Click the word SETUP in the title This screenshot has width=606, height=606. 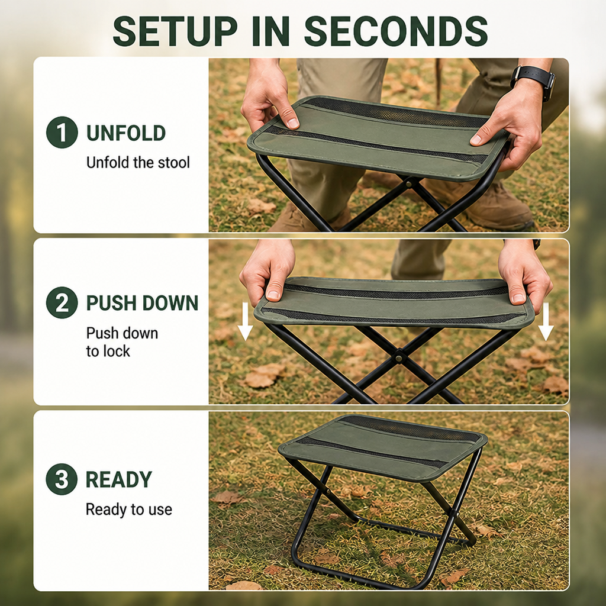(x=175, y=31)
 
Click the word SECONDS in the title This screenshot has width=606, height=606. (x=396, y=31)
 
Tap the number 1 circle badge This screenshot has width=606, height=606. (x=62, y=132)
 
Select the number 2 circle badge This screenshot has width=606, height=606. (x=62, y=302)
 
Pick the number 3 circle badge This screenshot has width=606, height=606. (x=62, y=479)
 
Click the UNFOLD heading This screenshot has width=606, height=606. (x=126, y=133)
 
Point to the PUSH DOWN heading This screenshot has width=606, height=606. (x=142, y=303)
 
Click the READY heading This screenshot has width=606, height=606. (x=118, y=479)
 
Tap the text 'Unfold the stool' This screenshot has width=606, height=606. (x=138, y=162)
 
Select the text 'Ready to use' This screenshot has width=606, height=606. (x=128, y=510)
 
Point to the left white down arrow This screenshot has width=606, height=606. (x=245, y=321)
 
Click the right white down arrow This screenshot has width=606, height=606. (x=546, y=321)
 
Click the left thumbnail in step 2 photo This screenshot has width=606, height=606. (x=273, y=295)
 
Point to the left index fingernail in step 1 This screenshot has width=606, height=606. (x=293, y=123)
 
